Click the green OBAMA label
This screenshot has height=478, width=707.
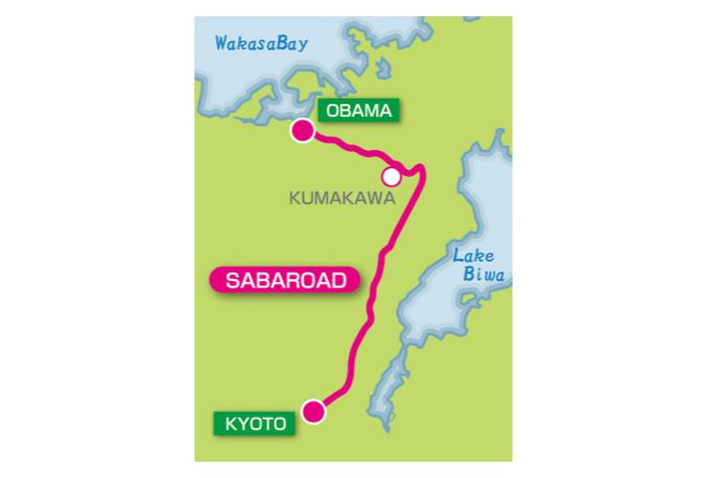coord(359,112)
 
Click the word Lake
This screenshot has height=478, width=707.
coord(473,255)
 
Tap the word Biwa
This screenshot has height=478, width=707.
coord(481,275)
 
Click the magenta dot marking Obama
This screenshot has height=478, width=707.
coord(303,132)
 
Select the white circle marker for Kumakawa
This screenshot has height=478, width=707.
coord(391,177)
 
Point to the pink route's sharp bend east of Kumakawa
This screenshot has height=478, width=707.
coord(420,171)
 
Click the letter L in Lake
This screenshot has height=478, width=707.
coord(460,255)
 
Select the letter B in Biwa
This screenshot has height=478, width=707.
coord(466,275)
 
